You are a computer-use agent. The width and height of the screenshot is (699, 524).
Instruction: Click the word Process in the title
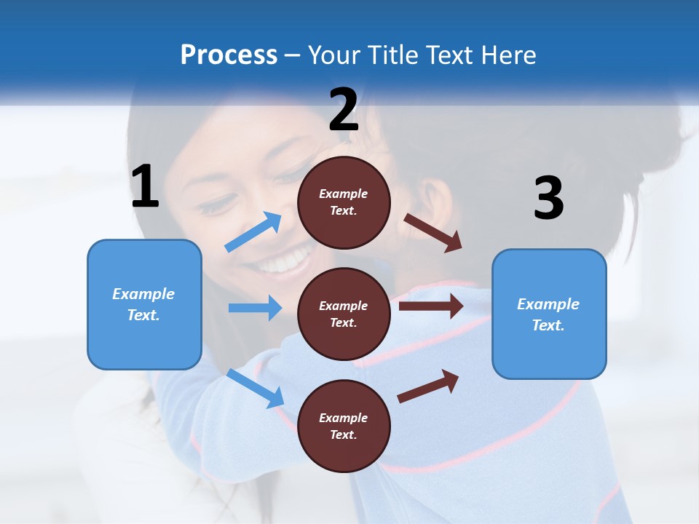click(x=229, y=55)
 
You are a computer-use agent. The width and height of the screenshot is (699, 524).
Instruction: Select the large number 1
click(x=145, y=187)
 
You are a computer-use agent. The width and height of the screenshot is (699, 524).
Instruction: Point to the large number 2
click(x=344, y=110)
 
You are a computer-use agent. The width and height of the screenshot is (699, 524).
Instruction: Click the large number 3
click(x=548, y=199)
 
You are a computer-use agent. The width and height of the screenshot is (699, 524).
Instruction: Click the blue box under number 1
click(x=144, y=304)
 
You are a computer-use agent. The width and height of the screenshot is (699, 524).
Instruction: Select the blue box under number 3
click(x=549, y=314)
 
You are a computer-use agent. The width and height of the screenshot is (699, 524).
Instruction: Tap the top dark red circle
click(x=344, y=202)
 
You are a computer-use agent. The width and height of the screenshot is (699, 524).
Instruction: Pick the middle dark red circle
click(x=344, y=314)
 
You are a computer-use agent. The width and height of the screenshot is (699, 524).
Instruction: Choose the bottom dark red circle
click(x=344, y=426)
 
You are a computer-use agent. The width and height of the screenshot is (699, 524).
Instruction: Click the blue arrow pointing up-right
click(x=253, y=232)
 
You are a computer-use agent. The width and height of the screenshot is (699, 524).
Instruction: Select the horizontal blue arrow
click(x=255, y=308)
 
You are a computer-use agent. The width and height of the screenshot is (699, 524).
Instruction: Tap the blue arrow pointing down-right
click(x=255, y=388)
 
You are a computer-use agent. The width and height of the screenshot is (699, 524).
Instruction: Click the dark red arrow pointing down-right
click(x=433, y=232)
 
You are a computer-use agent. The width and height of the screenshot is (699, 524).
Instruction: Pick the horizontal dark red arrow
click(x=430, y=306)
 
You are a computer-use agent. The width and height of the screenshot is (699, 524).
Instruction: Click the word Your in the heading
click(x=334, y=55)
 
